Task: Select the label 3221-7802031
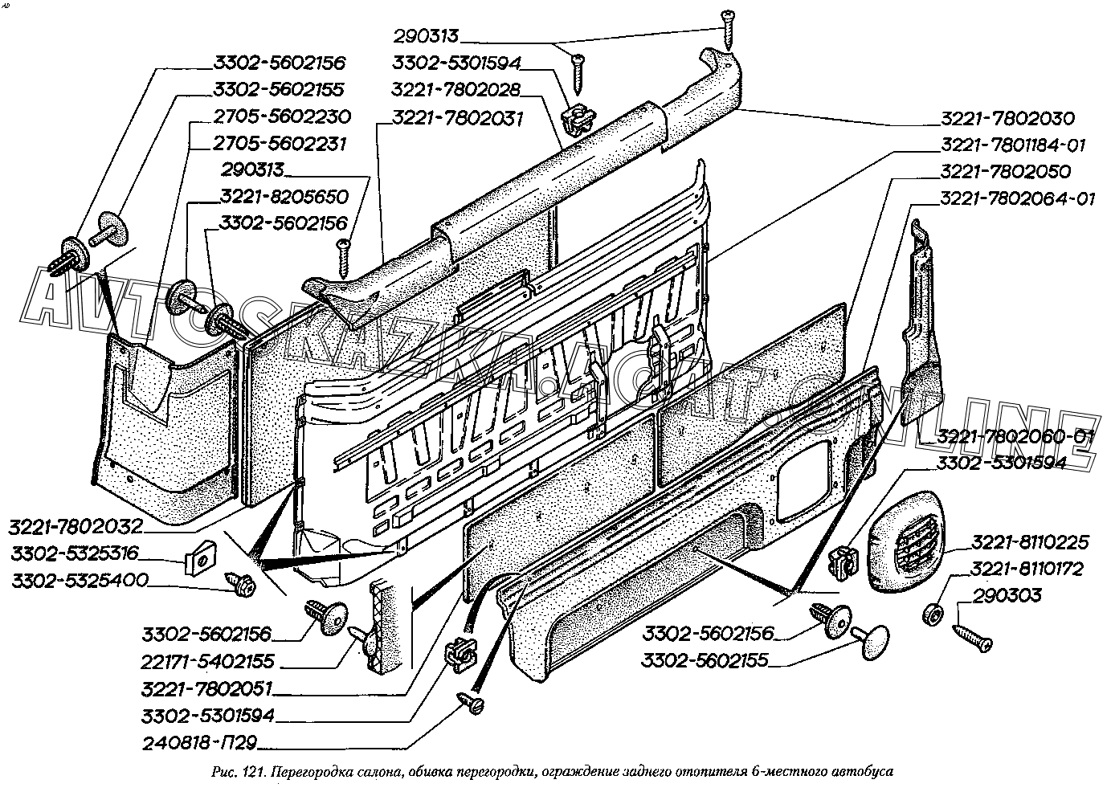[x=457, y=119]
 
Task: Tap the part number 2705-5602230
[x=282, y=116]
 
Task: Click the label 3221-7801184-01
[x=1013, y=145]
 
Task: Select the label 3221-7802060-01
[x=1015, y=436]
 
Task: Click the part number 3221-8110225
[x=1027, y=542]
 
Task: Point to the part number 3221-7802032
[x=76, y=527]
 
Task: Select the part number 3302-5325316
[x=76, y=553]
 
